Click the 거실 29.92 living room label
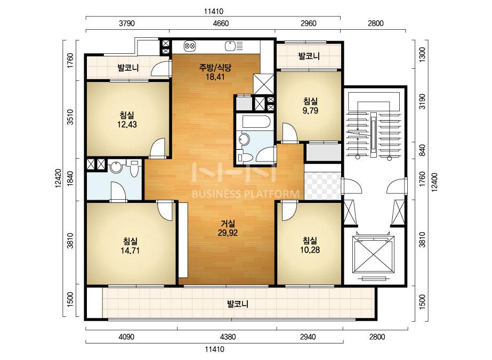(228, 228)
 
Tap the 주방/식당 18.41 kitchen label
(215, 72)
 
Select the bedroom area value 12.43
(127, 125)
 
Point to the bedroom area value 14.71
(130, 250)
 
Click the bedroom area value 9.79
(310, 111)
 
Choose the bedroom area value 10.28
(310, 250)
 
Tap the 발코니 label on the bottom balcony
(238, 304)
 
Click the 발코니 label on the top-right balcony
(309, 56)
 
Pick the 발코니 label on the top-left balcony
(128, 68)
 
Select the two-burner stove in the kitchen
(190, 46)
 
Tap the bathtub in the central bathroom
(256, 122)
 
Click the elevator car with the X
(373, 255)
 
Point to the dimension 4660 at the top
(221, 23)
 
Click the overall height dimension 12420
(58, 179)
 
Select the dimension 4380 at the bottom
(228, 337)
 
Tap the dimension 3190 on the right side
(423, 102)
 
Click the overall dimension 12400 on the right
(434, 181)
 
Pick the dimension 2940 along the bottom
(308, 337)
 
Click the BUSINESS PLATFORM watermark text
(246, 194)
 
